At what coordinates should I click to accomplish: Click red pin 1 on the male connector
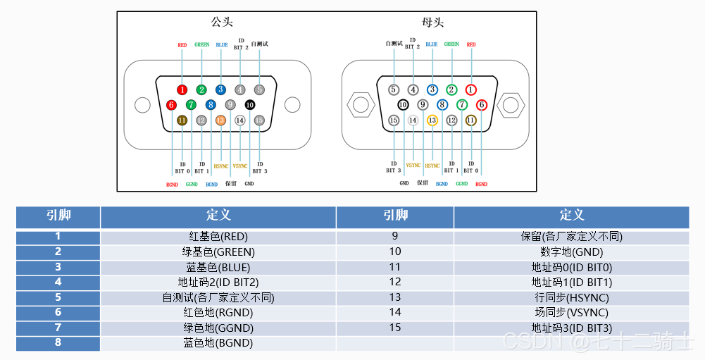[x=182, y=89]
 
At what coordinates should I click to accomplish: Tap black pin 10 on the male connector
[x=249, y=105]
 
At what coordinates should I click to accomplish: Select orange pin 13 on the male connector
[x=220, y=120]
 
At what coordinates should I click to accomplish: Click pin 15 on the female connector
[x=394, y=120]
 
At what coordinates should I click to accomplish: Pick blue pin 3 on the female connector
[x=432, y=89]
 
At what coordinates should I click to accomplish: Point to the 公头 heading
[x=221, y=23]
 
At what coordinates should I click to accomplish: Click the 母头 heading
[x=432, y=23]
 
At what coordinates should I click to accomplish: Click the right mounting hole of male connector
[x=292, y=106]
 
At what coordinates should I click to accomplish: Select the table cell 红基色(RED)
[x=218, y=237]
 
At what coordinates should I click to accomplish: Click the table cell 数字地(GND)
[x=571, y=252]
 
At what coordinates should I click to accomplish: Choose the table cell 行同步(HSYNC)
[x=571, y=298]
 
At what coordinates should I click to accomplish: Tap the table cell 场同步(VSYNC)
[x=571, y=313]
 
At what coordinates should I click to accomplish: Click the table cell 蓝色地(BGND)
[x=218, y=343]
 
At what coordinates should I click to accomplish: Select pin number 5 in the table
[x=58, y=297]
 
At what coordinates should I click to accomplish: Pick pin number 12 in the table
[x=394, y=283]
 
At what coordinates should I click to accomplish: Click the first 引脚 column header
[x=58, y=216]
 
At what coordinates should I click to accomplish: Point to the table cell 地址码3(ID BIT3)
[x=571, y=328]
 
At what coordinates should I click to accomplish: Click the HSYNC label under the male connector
[x=221, y=166]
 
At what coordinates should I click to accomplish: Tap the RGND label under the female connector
[x=481, y=184]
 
